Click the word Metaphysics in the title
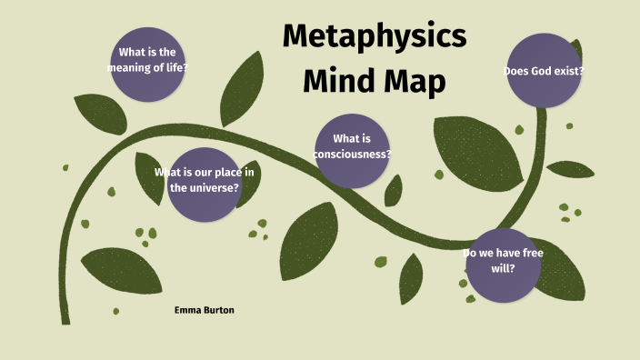coord(374,36)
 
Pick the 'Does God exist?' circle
coord(544,69)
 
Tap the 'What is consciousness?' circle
coord(353,148)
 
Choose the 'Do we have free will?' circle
coord(502,264)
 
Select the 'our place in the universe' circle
coord(205,182)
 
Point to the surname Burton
coord(220,310)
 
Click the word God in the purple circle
coord(545,71)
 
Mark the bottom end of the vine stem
coord(65,320)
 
